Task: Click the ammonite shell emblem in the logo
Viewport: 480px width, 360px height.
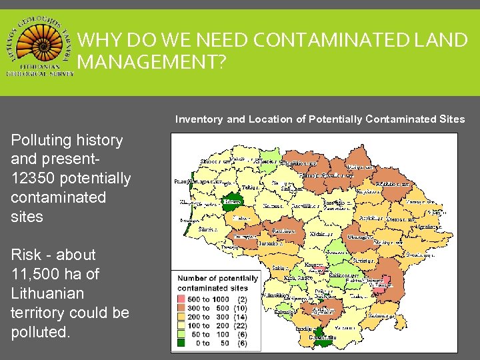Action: pyautogui.click(x=40, y=41)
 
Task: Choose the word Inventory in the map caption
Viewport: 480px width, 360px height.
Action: pyautogui.click(x=199, y=119)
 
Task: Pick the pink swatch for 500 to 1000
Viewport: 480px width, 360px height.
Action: pyautogui.click(x=181, y=299)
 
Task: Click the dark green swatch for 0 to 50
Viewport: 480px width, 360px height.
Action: pyautogui.click(x=181, y=343)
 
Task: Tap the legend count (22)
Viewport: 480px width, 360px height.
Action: pyautogui.click(x=241, y=325)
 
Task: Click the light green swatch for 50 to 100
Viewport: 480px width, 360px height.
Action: pyautogui.click(x=181, y=334)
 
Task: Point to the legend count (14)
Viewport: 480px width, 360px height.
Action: pyautogui.click(x=241, y=317)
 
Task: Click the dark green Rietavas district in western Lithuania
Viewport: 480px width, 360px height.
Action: pyautogui.click(x=231, y=201)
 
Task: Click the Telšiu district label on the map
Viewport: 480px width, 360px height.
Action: pyautogui.click(x=249, y=189)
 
